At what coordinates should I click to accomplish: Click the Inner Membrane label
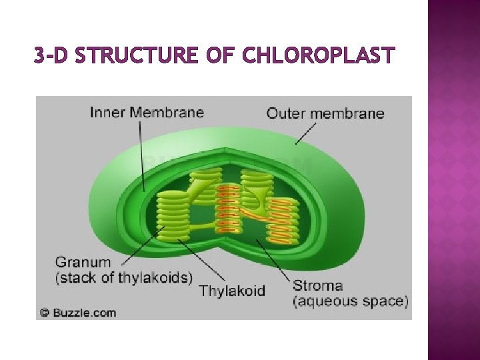(147, 112)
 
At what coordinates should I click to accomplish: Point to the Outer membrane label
(325, 113)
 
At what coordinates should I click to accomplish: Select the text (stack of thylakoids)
(124, 277)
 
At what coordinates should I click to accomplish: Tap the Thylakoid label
(232, 291)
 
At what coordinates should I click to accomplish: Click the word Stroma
(317, 286)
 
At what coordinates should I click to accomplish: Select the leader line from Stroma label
(273, 260)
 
